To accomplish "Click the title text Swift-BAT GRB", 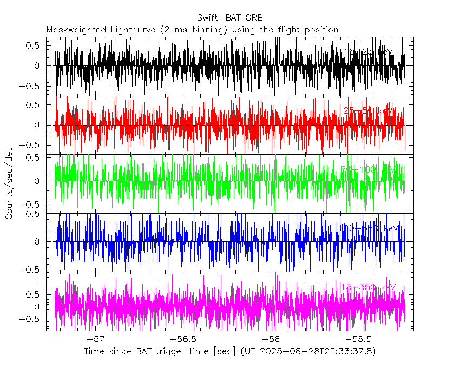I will pos(230,17).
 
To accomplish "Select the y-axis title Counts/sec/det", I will pos(9,184).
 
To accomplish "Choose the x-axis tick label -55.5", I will pos(357,339).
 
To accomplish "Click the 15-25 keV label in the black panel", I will pos(369,52).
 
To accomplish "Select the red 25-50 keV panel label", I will pos(369,111).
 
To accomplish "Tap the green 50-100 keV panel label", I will pos(369,169).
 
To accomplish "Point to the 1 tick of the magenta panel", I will pos(37,282).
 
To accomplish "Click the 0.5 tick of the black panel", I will pos(34,45).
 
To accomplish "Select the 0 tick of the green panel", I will pos(37,181).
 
